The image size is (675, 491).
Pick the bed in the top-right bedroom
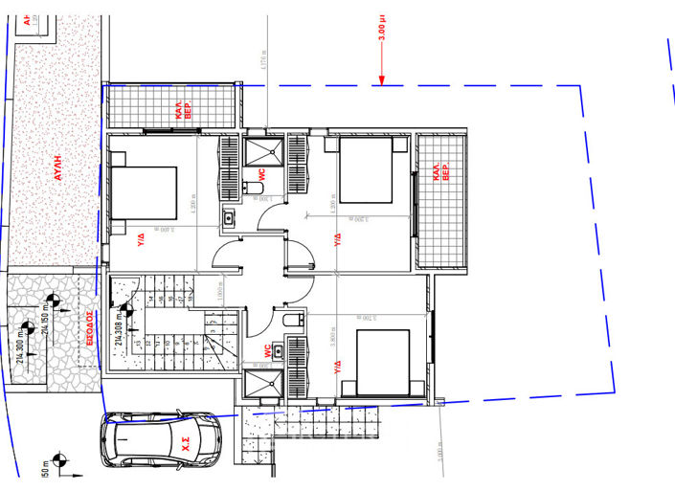pyautogui.click(x=365, y=170)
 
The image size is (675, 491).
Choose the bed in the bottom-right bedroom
pyautogui.click(x=380, y=362)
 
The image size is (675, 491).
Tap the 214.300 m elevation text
pyautogui.click(x=24, y=335)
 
